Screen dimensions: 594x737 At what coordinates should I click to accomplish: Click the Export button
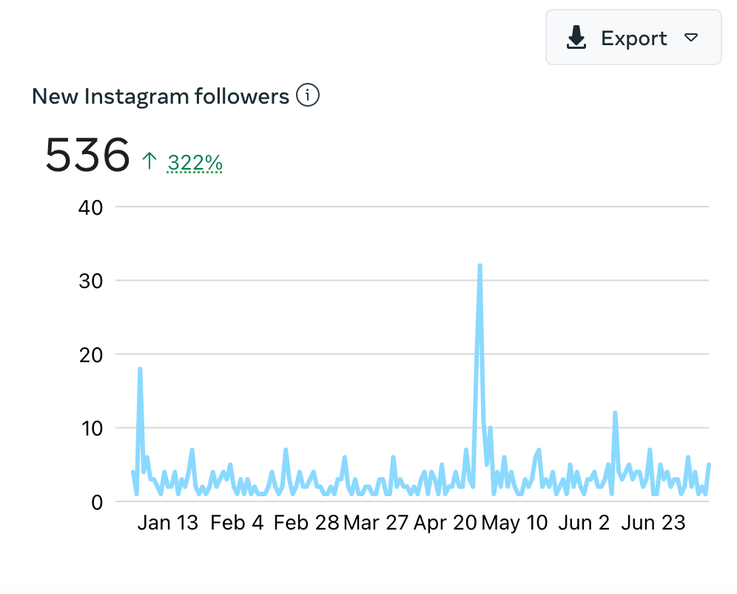click(633, 38)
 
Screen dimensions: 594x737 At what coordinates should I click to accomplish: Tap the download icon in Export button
click(576, 38)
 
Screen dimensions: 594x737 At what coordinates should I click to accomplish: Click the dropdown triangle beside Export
click(690, 38)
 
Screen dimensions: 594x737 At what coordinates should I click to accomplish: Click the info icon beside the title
click(308, 96)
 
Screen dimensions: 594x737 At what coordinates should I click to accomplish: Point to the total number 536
click(87, 155)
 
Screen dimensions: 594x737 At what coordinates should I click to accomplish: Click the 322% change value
click(195, 162)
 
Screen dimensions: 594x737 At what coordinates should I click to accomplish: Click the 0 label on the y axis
click(96, 502)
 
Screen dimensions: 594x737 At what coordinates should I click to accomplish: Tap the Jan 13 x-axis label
click(168, 522)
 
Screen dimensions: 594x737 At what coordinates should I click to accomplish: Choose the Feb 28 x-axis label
click(306, 522)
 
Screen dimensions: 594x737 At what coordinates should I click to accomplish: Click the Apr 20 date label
click(444, 522)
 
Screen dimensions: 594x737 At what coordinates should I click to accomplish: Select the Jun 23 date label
click(653, 522)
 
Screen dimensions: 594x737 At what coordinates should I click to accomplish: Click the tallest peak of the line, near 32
click(480, 266)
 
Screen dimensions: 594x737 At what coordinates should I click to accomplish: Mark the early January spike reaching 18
click(140, 369)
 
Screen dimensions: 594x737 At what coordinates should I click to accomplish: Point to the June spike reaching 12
click(615, 413)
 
